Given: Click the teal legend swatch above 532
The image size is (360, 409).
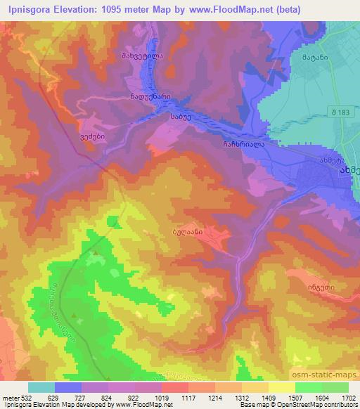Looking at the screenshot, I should (41, 387).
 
